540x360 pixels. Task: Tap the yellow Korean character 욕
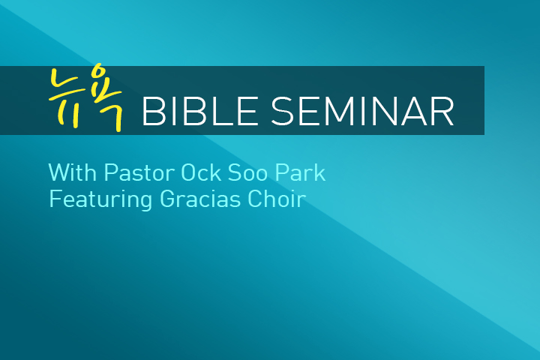pos(107,97)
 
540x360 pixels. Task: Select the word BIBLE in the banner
pos(200,111)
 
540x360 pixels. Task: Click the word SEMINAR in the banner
pos(362,111)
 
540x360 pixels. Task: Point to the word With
pos(72,172)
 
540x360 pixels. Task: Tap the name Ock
pos(201,172)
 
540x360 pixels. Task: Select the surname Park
pos(300,172)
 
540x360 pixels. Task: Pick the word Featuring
pos(100,199)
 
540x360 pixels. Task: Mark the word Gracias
pos(200,199)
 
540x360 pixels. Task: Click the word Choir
pos(277,199)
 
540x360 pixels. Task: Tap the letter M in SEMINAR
pos(337,111)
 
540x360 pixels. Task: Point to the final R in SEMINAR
pos(443,111)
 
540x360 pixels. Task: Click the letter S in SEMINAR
pos(282,111)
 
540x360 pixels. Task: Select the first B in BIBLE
pos(153,111)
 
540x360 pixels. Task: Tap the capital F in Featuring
pos(55,199)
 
